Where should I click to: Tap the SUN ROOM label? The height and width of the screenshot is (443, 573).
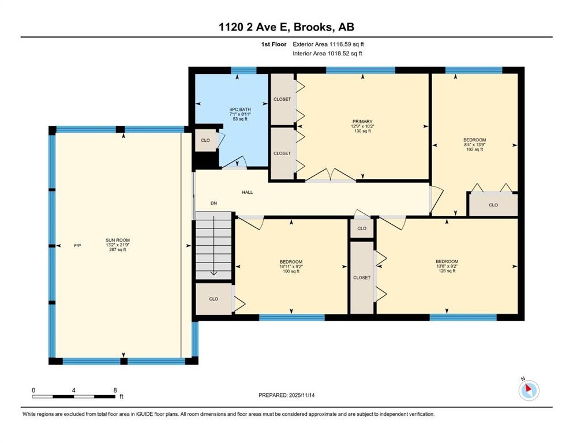[x=117, y=240]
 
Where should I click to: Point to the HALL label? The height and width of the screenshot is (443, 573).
[x=247, y=193]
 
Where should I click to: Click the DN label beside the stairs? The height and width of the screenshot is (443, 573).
[x=214, y=203]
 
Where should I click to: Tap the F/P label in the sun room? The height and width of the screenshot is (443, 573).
[x=77, y=246]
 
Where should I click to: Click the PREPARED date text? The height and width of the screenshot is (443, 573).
[x=286, y=395]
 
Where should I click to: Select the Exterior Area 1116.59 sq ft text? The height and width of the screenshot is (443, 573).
[x=328, y=44]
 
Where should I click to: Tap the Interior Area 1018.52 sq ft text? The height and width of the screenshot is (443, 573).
[x=327, y=54]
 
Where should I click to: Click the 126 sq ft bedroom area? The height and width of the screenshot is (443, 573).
[x=447, y=271]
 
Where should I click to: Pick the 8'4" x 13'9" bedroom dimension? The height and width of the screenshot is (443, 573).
[x=474, y=145]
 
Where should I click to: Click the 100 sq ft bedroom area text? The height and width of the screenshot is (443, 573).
[x=290, y=271]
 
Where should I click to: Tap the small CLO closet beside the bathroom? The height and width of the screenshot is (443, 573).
[x=205, y=140]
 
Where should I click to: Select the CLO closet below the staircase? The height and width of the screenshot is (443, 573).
[x=214, y=299]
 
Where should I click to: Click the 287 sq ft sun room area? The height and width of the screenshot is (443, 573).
[x=117, y=250]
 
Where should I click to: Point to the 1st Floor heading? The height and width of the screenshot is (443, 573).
[x=273, y=44]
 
